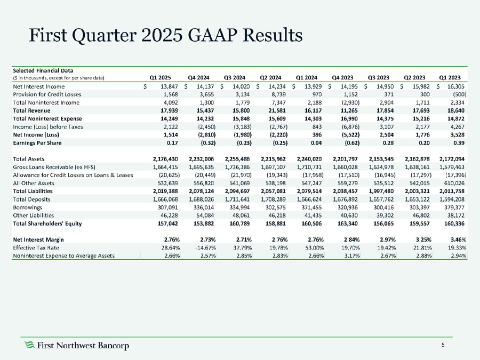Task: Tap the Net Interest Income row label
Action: tap(39, 86)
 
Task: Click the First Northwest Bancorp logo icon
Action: tap(30, 346)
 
